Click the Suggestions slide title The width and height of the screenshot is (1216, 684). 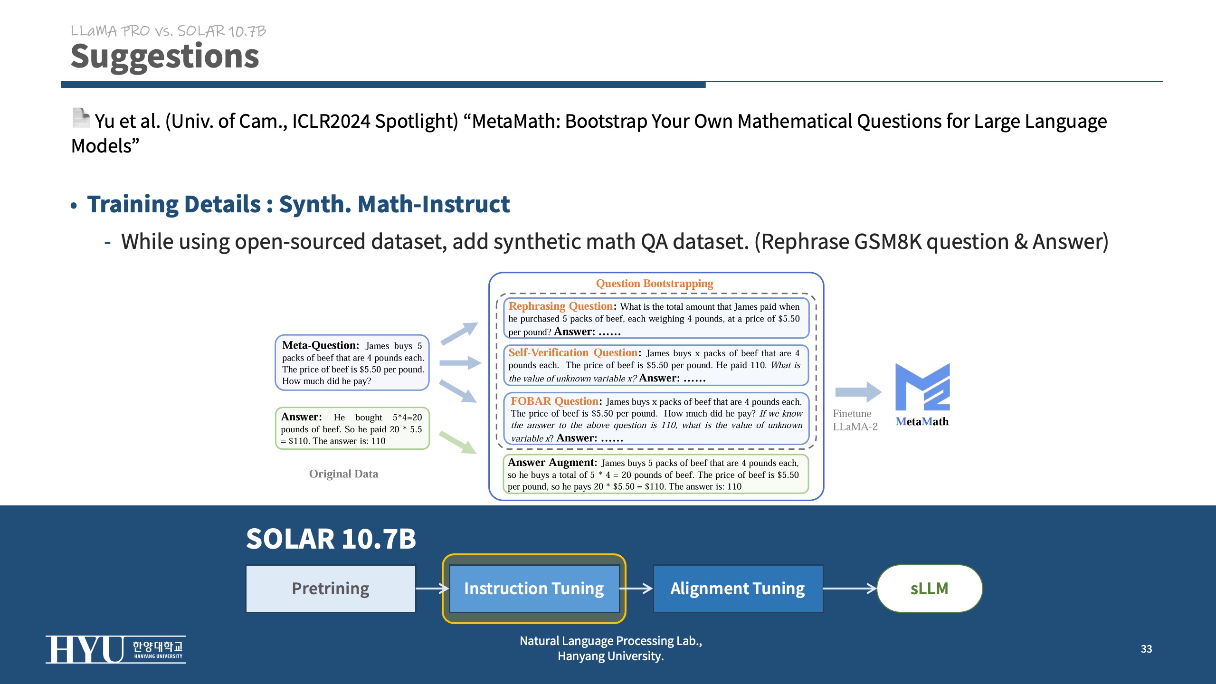(x=165, y=57)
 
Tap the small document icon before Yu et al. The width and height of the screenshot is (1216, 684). (x=81, y=118)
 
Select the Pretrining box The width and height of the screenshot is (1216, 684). (x=331, y=589)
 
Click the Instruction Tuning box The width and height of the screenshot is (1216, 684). (x=534, y=589)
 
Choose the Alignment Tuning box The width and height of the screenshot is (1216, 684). (x=738, y=589)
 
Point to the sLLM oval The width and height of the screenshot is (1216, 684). (x=929, y=589)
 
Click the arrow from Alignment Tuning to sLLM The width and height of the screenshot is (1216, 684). (x=850, y=589)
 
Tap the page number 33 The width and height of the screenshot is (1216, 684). (x=1146, y=649)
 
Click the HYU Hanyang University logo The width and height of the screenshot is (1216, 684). (x=115, y=649)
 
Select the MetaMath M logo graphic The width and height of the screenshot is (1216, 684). (x=922, y=387)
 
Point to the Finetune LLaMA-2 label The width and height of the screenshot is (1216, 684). (x=855, y=420)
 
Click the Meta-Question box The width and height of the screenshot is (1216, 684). (x=352, y=362)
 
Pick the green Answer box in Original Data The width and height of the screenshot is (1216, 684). (x=352, y=428)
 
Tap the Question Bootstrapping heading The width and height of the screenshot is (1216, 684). (x=655, y=284)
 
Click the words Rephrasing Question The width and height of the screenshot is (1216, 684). (x=560, y=306)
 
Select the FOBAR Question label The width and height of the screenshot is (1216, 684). (x=554, y=401)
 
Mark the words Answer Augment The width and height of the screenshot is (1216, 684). (x=552, y=463)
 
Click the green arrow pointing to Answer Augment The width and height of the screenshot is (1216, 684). (x=457, y=442)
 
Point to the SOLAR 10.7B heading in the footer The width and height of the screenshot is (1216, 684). (x=331, y=539)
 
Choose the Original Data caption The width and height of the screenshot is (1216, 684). (x=343, y=474)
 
